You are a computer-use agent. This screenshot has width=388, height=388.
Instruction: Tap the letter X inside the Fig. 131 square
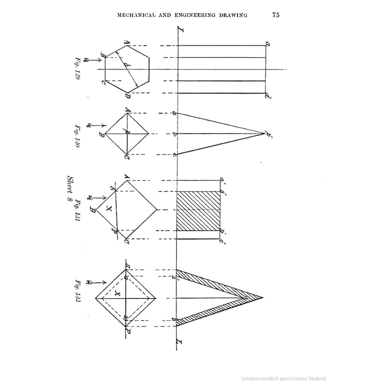point(109,209)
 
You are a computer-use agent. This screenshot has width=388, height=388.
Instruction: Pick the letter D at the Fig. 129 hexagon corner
point(127,95)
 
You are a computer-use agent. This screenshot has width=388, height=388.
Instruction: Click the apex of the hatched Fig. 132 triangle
point(263,297)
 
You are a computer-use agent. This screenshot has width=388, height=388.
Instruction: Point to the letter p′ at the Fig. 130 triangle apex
point(268,133)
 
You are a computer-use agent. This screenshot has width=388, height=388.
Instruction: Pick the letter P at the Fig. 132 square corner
point(128,330)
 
